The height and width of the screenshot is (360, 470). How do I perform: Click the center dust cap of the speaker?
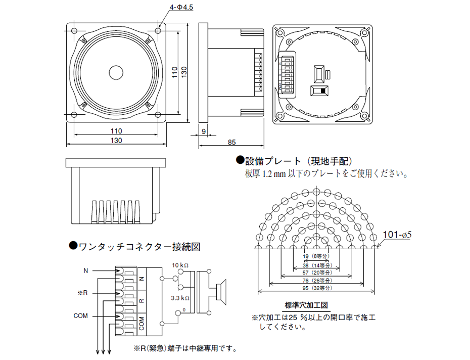click(x=117, y=72)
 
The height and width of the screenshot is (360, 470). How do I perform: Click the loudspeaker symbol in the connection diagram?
click(x=220, y=291)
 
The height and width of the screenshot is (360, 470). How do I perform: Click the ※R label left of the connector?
click(x=84, y=293)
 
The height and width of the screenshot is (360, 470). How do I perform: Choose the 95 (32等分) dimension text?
click(x=316, y=288)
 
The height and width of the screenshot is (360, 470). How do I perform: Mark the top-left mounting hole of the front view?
click(x=75, y=31)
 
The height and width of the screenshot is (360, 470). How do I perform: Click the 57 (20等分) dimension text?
click(x=316, y=273)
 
